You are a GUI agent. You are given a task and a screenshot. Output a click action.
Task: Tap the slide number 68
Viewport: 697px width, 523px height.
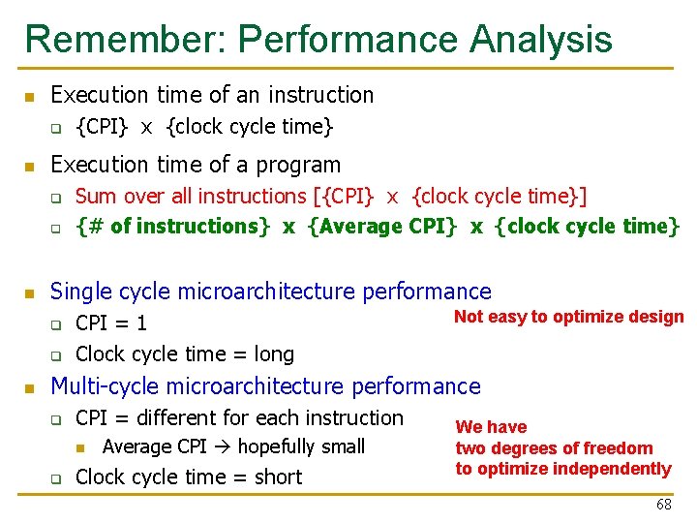pyautogui.click(x=663, y=505)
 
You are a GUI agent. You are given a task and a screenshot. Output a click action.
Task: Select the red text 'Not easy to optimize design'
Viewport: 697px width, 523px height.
pyautogui.click(x=568, y=317)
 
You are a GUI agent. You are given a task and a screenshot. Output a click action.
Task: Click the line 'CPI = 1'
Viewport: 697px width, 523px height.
pyautogui.click(x=111, y=323)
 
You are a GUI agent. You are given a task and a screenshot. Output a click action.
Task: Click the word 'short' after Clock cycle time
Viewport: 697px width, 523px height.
pyautogui.click(x=278, y=477)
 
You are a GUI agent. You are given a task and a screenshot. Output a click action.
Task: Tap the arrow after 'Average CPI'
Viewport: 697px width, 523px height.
pyautogui.click(x=222, y=446)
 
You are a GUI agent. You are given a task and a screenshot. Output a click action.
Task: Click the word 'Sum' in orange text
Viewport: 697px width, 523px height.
pyautogui.click(x=95, y=196)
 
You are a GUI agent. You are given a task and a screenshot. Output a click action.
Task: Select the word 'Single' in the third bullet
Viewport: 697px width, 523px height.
pyautogui.click(x=80, y=291)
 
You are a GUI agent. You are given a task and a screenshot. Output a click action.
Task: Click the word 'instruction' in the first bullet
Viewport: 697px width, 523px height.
pyautogui.click(x=320, y=95)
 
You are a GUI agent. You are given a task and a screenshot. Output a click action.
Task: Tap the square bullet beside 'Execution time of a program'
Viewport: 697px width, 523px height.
pyautogui.click(x=30, y=166)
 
